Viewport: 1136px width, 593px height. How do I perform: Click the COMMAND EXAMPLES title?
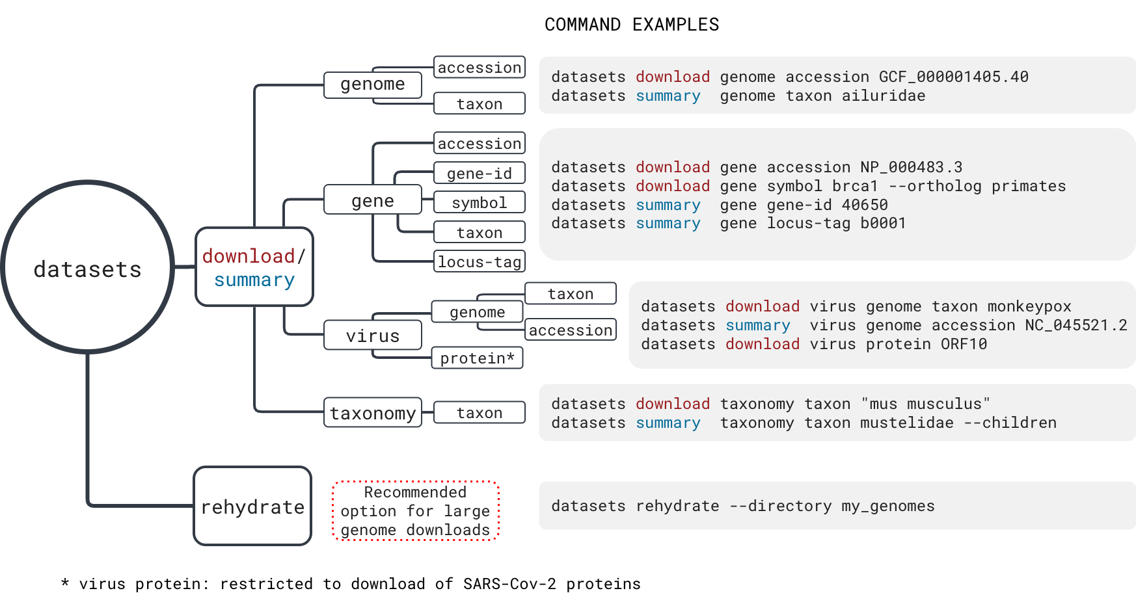(x=632, y=25)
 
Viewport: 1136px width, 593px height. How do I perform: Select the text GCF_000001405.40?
(x=954, y=77)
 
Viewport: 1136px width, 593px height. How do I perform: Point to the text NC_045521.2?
(x=1076, y=325)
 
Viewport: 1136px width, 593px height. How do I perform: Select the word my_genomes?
(x=888, y=506)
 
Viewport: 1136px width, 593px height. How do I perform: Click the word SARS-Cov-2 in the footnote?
(x=510, y=584)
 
